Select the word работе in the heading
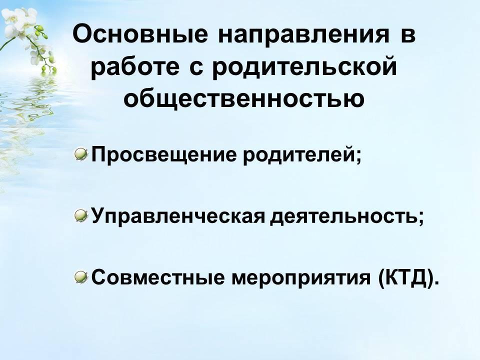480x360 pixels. tap(135, 67)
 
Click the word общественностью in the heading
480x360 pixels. tap(244, 98)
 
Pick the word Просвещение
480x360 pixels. tap(164, 154)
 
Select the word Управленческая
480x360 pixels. tap(178, 216)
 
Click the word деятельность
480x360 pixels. tap(344, 216)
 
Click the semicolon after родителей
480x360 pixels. tap(359, 156)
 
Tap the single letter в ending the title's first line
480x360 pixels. tap(408, 35)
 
